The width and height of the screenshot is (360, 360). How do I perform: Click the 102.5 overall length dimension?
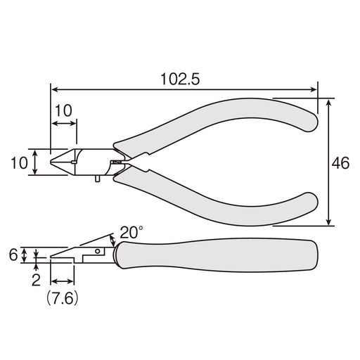click(x=180, y=79)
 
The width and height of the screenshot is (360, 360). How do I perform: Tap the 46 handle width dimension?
click(x=340, y=163)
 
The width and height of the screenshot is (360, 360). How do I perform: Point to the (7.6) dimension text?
click(x=62, y=298)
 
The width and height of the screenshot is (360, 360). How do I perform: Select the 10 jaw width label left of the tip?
click(x=19, y=163)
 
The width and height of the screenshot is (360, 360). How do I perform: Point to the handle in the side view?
click(x=218, y=257)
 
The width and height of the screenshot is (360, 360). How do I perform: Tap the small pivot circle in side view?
click(x=98, y=250)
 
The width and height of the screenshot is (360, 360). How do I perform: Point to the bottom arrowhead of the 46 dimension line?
click(x=330, y=224)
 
